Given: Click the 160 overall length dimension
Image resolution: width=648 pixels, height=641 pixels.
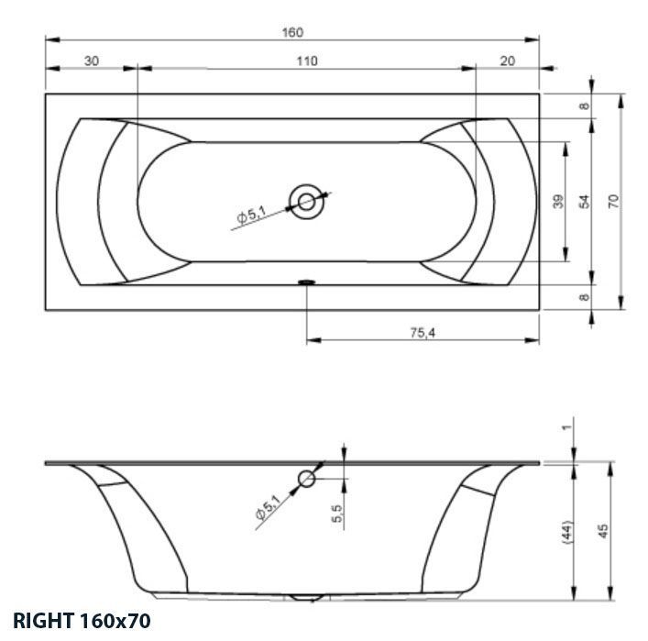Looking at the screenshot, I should (291, 32).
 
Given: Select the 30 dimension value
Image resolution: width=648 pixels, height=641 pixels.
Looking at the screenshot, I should (91, 61).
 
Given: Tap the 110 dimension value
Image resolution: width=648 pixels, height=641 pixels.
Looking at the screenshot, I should (307, 61).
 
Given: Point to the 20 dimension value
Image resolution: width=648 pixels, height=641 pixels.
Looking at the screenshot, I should (509, 61).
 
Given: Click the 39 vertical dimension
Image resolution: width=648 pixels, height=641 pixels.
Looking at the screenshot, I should (558, 202).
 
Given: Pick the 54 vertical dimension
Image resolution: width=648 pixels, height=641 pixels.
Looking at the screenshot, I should (584, 202).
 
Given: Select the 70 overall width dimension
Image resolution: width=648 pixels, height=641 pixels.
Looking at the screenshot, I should (614, 201).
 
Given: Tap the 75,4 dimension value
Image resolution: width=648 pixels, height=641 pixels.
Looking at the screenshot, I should (422, 333).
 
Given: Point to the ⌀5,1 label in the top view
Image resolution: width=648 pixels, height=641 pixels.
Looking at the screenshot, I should (250, 216).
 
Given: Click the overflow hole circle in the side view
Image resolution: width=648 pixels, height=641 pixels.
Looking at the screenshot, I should (307, 479).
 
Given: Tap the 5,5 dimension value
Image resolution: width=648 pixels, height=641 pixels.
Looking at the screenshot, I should (337, 514).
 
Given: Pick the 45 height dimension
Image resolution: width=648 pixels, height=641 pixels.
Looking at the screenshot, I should (603, 532).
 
